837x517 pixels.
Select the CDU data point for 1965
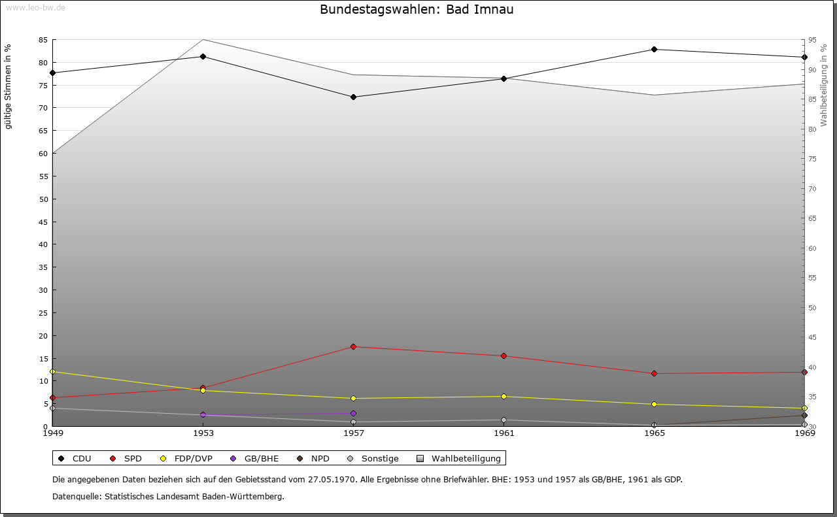pyautogui.click(x=654, y=50)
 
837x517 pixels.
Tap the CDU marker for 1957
pyautogui.click(x=353, y=97)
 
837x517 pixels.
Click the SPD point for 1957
pyautogui.click(x=353, y=347)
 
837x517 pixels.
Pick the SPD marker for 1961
pyautogui.click(x=504, y=356)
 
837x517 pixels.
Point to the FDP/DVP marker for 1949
pyautogui.click(x=52, y=372)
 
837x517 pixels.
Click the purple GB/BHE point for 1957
pyautogui.click(x=353, y=414)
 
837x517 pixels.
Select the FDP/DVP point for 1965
pyautogui.click(x=654, y=405)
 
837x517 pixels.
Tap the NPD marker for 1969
pyautogui.click(x=804, y=416)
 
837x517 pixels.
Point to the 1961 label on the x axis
pyautogui.click(x=504, y=433)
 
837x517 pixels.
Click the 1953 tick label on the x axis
pyautogui.click(x=203, y=433)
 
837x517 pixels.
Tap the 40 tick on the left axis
pyautogui.click(x=43, y=244)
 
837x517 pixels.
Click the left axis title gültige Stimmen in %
pyautogui.click(x=9, y=87)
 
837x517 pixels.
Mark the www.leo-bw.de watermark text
pyautogui.click(x=35, y=7)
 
